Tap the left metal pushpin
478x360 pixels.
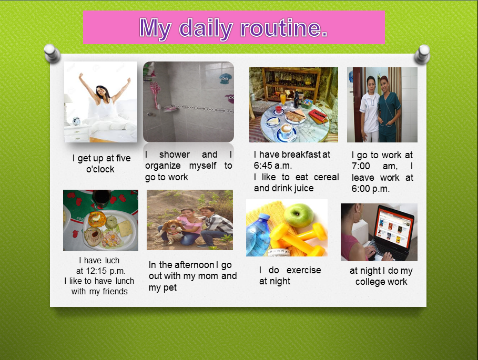point(52,53)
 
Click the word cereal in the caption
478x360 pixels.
point(327,177)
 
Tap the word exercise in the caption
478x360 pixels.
point(303,270)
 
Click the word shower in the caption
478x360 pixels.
point(175,155)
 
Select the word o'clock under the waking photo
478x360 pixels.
point(100,169)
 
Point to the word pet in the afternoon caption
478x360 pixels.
point(169,287)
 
